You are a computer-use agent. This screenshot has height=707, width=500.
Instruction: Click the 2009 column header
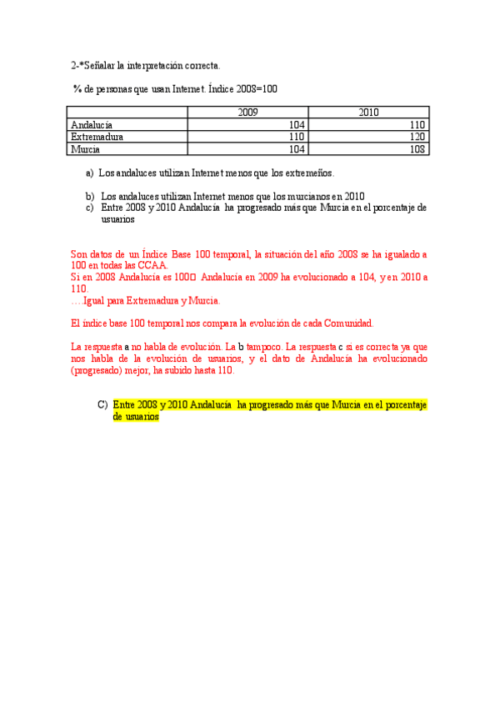click(x=247, y=113)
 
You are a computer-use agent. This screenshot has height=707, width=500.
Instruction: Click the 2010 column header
click(x=368, y=113)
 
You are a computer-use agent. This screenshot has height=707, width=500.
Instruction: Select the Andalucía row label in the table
click(x=92, y=124)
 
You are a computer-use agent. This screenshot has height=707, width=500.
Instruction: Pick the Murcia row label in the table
click(x=86, y=149)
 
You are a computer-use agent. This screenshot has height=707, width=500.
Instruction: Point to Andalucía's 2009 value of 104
click(x=297, y=124)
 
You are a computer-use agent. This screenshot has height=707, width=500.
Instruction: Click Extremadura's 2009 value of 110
click(x=297, y=137)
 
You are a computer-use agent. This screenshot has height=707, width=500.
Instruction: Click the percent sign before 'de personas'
click(x=77, y=88)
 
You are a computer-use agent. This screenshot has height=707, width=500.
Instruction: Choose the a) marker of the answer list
click(x=89, y=173)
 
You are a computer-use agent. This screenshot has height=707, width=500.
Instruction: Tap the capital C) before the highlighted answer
click(x=102, y=405)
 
